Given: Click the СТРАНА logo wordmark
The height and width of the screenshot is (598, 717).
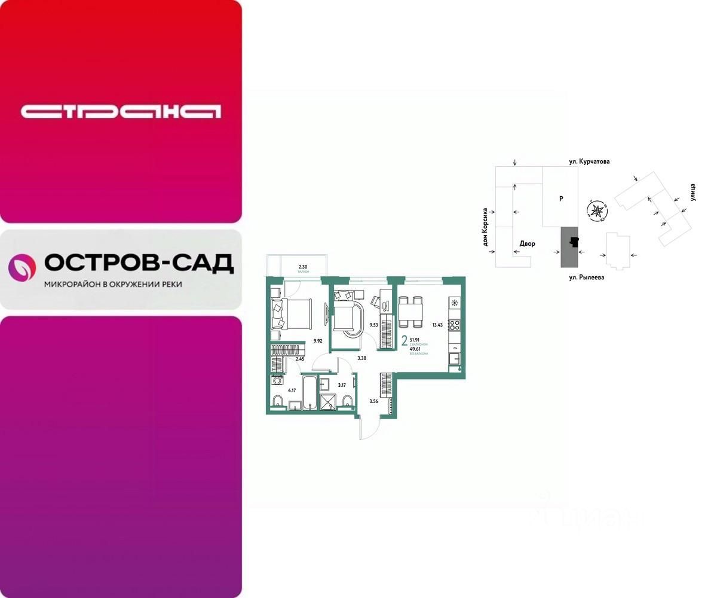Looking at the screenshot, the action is [121, 111].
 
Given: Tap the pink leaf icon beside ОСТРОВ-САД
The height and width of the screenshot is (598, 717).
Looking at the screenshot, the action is [22, 267].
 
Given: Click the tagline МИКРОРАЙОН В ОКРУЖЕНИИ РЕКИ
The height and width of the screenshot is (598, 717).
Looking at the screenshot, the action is [113, 285].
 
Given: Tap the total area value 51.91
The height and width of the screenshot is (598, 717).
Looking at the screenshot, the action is [415, 339].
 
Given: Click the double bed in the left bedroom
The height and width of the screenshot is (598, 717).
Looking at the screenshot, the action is [292, 313].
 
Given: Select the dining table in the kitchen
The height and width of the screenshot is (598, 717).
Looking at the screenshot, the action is [410, 312].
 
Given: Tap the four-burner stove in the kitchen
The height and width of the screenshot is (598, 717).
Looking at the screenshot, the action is [455, 325].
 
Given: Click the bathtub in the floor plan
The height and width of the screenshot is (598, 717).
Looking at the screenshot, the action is [310, 392].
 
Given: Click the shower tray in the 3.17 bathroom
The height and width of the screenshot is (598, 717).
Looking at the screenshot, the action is [327, 403].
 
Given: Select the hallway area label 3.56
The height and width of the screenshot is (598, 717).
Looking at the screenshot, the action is [374, 401].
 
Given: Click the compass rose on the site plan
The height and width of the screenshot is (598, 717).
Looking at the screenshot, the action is [596, 210].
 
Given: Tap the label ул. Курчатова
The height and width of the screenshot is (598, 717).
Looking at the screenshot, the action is [589, 161].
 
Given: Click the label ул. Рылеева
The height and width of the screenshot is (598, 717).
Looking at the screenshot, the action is [586, 277].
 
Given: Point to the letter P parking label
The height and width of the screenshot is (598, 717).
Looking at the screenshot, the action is [561, 199].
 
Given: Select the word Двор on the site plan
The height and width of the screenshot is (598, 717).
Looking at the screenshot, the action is [528, 243].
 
